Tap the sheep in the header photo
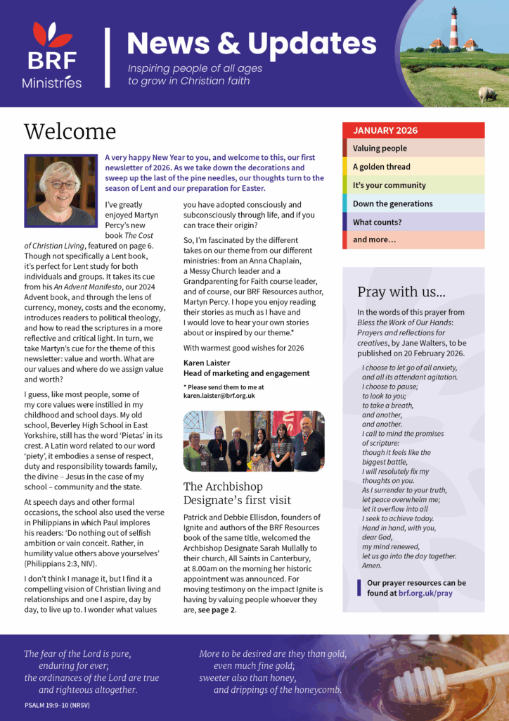pyautogui.click(x=487, y=94)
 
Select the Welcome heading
pyautogui.click(x=70, y=132)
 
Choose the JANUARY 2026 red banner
pyautogui.click(x=413, y=130)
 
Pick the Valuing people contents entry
pyautogui.click(x=413, y=149)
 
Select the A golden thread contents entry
pyautogui.click(x=413, y=167)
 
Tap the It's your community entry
pyautogui.click(x=413, y=185)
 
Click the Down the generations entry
pyautogui.click(x=413, y=203)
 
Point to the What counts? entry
pyautogui.click(x=413, y=222)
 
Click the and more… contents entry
pyautogui.click(x=413, y=240)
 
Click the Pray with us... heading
pyautogui.click(x=401, y=292)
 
